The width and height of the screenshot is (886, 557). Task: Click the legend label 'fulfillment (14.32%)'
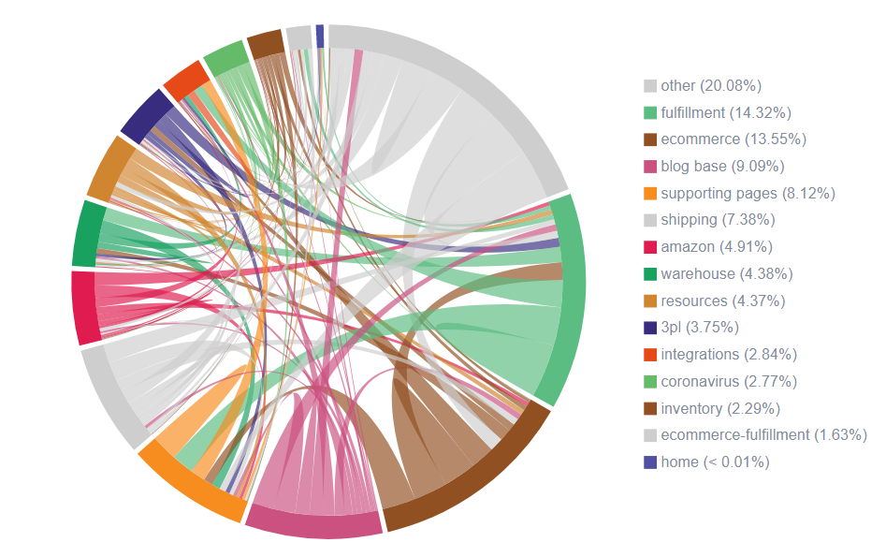726,112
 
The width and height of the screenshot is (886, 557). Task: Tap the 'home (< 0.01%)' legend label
715,462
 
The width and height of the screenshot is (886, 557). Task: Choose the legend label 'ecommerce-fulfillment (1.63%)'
763,435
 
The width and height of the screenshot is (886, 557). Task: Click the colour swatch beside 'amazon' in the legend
650,247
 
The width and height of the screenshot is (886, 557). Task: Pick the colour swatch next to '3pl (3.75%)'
650,328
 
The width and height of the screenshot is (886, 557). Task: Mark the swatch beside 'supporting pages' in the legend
650,194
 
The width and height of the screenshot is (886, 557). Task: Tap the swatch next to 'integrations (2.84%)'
650,355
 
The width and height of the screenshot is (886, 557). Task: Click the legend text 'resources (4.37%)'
722,301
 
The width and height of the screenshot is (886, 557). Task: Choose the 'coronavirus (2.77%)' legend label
729,382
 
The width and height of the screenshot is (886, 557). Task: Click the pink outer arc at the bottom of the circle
314,524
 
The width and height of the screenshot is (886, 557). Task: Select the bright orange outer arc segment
186,483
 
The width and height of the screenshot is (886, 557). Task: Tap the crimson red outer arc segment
84,307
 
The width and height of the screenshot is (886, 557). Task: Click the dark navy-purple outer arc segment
142,116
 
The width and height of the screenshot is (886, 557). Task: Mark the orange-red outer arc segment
184,79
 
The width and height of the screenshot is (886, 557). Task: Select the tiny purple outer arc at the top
320,35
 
